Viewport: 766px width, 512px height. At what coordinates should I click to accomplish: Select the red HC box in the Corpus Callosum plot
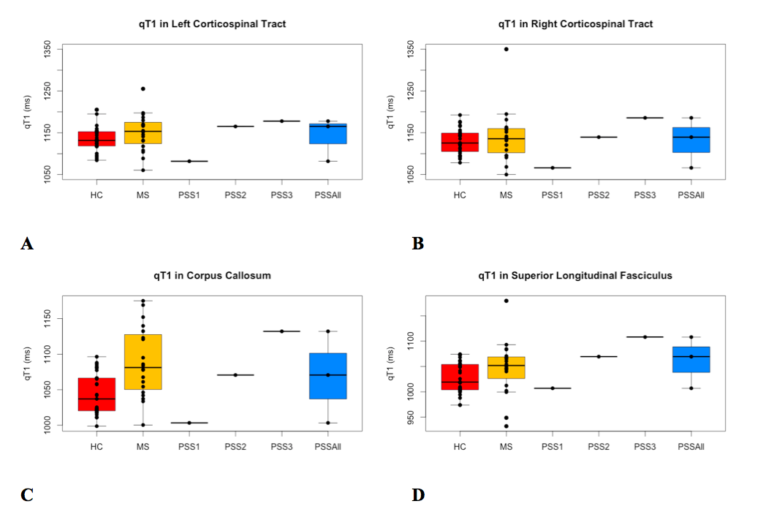[x=96, y=394]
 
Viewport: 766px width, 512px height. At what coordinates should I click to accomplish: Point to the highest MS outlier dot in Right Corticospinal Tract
[x=506, y=49]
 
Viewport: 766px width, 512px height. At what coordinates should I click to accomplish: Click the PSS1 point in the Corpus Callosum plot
[x=189, y=423]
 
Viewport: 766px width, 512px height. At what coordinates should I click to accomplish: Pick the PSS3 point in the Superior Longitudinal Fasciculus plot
[x=645, y=336]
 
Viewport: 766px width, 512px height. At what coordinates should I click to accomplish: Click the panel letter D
[x=418, y=495]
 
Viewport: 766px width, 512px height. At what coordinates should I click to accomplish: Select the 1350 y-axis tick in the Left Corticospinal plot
[x=49, y=50]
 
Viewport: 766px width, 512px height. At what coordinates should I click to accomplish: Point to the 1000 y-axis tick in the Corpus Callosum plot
[x=49, y=424]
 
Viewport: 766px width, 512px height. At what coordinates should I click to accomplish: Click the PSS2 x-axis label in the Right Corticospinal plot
[x=599, y=195]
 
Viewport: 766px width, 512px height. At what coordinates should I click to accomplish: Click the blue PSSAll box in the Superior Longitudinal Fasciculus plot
[x=691, y=359]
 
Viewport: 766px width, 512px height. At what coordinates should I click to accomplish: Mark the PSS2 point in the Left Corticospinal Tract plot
[x=235, y=127]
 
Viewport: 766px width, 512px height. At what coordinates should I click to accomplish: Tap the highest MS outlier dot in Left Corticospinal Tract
[x=143, y=89]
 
